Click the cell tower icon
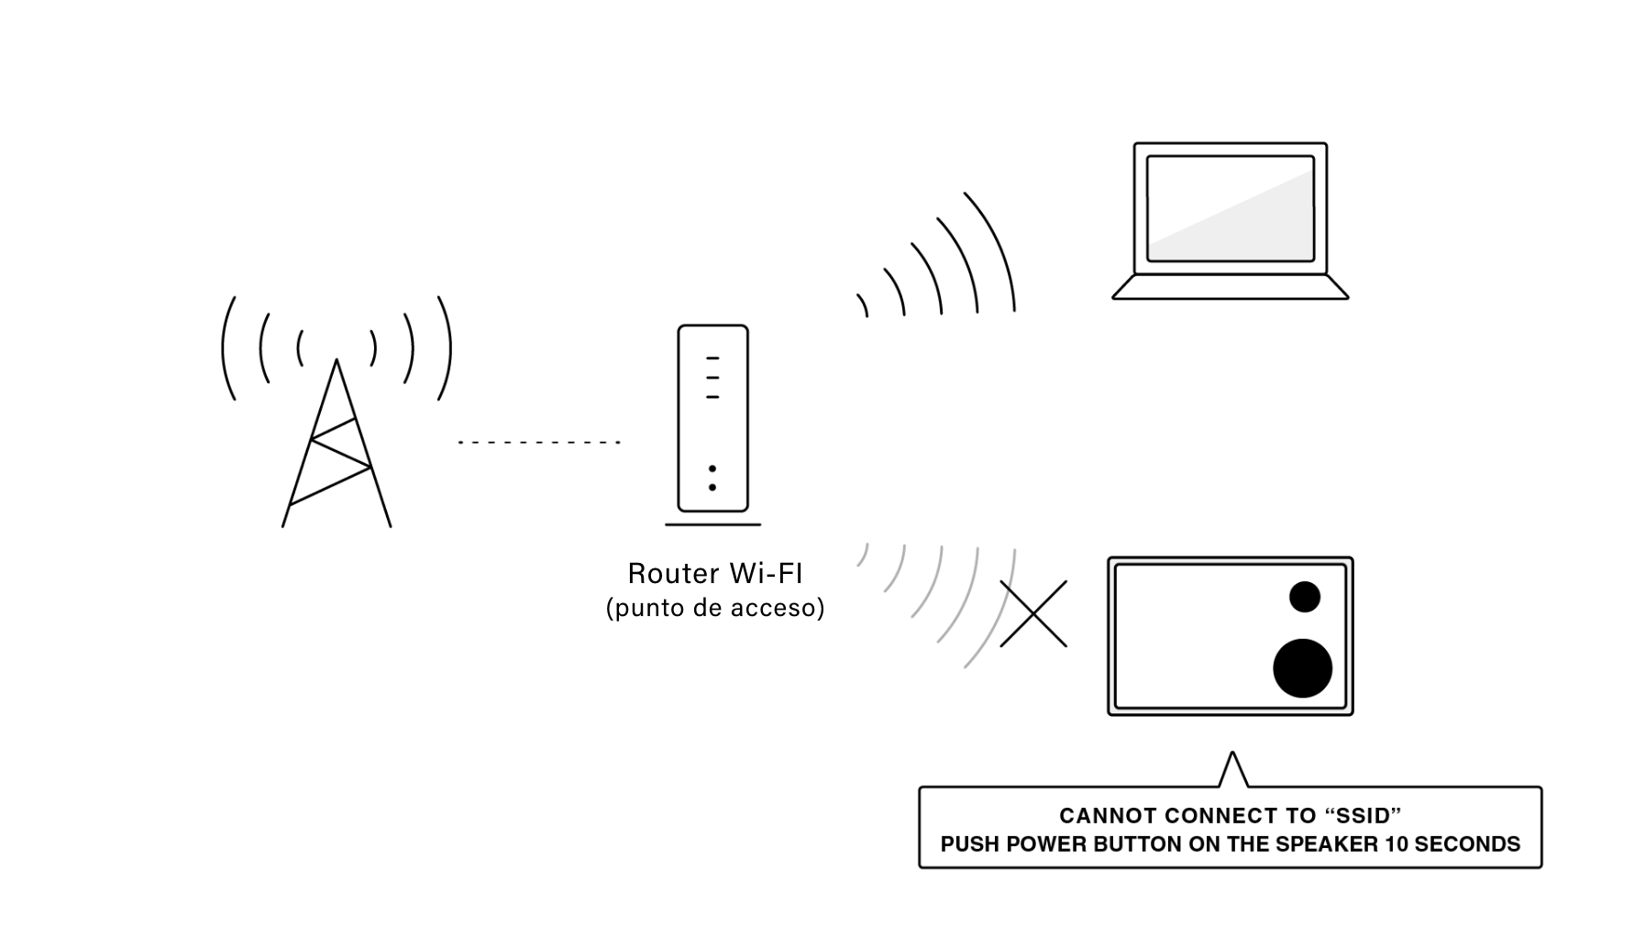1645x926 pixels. [x=337, y=440]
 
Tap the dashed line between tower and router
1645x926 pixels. [x=539, y=442]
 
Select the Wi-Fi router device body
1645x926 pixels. [x=712, y=418]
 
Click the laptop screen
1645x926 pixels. [x=1231, y=208]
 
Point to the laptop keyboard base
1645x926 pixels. [x=1231, y=287]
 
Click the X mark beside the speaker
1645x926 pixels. [x=1033, y=613]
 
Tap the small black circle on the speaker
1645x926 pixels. [x=1304, y=597]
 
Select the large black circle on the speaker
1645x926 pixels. [x=1302, y=667]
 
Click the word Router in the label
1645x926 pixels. [x=674, y=574]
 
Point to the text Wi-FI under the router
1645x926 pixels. [x=766, y=574]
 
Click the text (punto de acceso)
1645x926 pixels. [x=715, y=608]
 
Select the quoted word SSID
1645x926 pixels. [x=1350, y=816]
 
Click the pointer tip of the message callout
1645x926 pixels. [x=1233, y=753]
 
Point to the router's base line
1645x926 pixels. [x=712, y=524]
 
